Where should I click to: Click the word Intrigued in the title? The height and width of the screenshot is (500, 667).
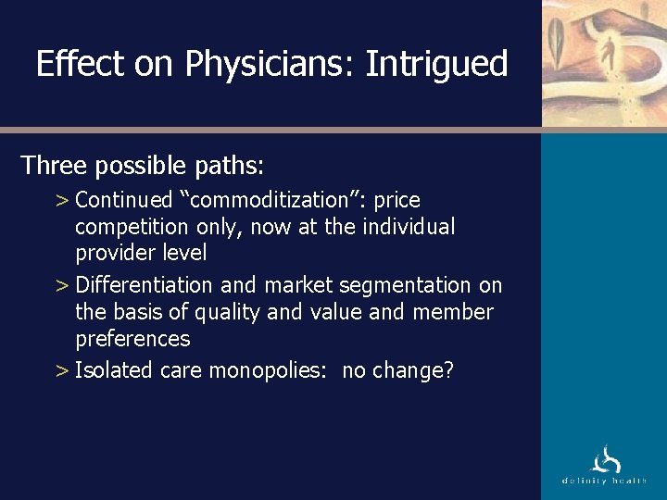point(436,64)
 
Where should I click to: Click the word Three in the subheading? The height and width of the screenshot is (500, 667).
point(53,166)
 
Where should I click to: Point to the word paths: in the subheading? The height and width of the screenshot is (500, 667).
point(229,166)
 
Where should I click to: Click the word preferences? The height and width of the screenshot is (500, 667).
point(132,339)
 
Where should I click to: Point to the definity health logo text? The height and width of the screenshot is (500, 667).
point(605,481)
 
